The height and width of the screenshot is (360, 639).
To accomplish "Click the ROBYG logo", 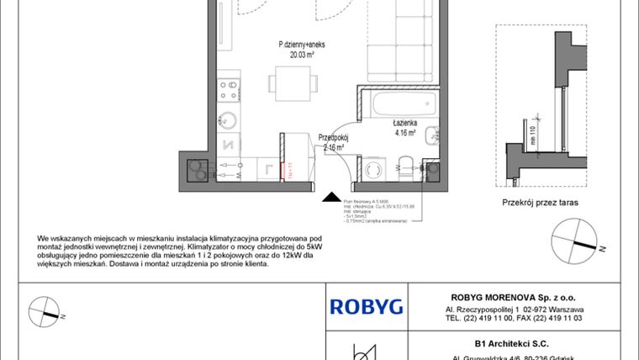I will coord(366,306).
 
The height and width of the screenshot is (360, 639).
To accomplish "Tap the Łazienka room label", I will coord(405,122).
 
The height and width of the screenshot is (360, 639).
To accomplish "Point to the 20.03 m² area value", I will coord(297,55).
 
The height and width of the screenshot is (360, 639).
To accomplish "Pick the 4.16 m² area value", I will coord(405,132).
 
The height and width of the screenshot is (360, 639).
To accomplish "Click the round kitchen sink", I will coord(227,119).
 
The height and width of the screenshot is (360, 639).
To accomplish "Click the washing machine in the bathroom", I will coord(371,168).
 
